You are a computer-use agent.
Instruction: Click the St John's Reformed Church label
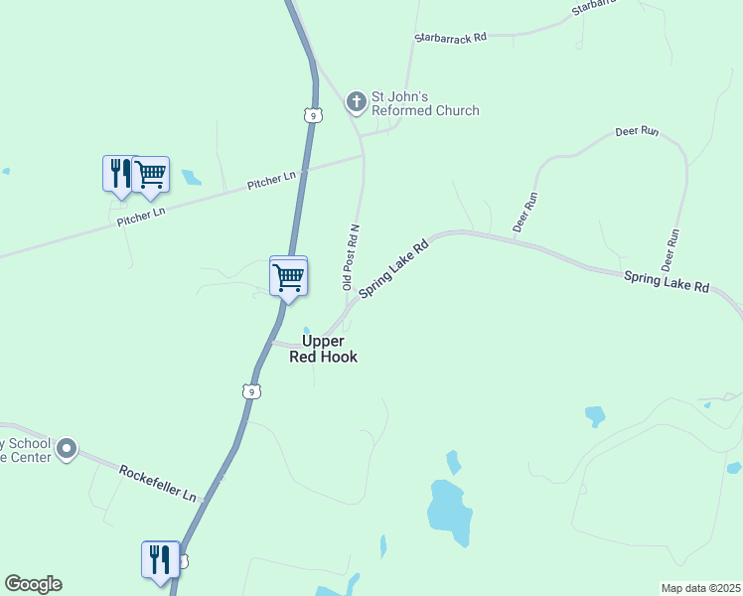(424, 104)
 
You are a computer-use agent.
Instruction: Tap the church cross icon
(357, 101)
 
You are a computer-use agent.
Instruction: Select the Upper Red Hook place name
(323, 349)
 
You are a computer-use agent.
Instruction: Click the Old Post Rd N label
(351, 256)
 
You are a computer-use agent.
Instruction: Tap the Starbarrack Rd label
(450, 38)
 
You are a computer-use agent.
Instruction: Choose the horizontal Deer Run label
(637, 131)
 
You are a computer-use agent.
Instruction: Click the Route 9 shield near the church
(313, 116)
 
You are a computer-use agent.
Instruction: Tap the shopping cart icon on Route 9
(288, 276)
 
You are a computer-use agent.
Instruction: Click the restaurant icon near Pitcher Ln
(117, 173)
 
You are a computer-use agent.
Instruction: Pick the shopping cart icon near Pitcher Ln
(151, 175)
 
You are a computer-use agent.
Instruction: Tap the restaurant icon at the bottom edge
(159, 559)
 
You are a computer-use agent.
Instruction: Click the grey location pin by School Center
(67, 450)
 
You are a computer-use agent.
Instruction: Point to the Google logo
(33, 584)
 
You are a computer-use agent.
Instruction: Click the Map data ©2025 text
(699, 588)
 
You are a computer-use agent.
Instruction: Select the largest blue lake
(448, 511)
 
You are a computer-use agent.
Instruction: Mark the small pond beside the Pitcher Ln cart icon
(191, 178)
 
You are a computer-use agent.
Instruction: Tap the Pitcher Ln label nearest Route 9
(271, 180)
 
